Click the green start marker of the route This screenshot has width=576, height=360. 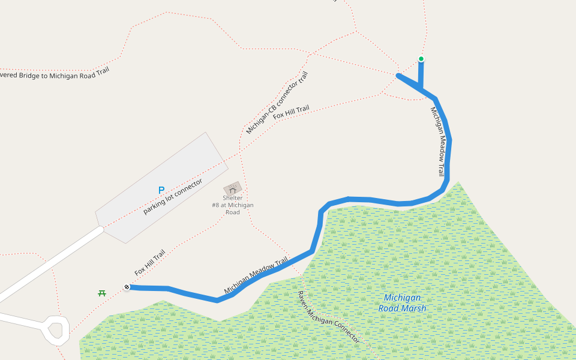(421, 59)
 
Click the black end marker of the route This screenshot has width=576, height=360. (127, 287)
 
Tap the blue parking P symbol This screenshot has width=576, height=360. (161, 190)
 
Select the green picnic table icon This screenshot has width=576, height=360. (102, 293)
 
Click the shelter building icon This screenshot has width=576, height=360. (233, 188)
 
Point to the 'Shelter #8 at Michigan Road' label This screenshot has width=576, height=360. (233, 205)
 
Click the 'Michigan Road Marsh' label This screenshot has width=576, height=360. (402, 303)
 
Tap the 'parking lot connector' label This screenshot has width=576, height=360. (173, 196)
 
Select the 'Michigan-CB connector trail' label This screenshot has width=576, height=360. (277, 103)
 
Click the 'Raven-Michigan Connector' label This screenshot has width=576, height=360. (329, 317)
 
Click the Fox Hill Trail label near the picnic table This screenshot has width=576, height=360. (150, 263)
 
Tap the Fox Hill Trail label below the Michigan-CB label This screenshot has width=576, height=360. (292, 112)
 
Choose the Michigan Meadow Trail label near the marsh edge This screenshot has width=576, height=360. (256, 277)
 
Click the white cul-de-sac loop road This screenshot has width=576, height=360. (56, 329)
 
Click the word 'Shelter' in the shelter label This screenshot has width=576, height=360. (233, 198)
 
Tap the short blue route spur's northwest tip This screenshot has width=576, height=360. (398, 75)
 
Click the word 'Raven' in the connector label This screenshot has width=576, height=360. (304, 300)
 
